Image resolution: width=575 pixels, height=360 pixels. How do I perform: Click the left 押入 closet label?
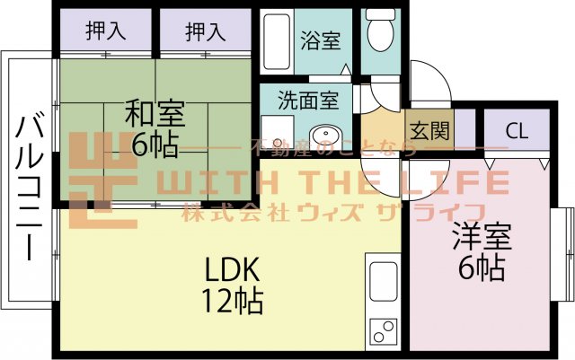(105, 31)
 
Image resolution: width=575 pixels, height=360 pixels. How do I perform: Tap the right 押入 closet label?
(205, 31)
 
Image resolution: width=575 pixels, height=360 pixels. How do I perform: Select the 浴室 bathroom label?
(320, 40)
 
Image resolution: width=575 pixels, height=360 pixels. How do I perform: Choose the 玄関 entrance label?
(430, 130)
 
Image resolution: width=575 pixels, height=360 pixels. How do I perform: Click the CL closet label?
(517, 129)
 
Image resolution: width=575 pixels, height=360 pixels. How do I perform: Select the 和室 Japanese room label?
(155, 116)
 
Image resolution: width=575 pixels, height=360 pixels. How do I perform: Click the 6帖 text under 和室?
(155, 145)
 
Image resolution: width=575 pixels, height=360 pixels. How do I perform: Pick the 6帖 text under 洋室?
(480, 268)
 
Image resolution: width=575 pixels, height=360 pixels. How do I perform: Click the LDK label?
(232, 268)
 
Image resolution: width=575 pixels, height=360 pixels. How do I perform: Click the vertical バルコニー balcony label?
(28, 185)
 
